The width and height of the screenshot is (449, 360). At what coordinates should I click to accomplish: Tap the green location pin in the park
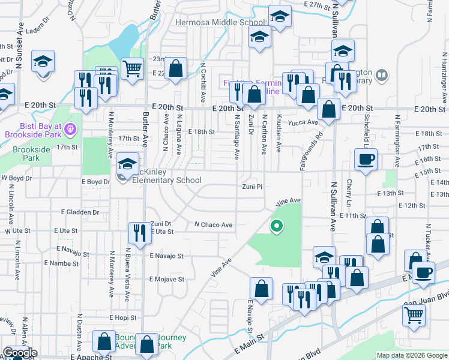tap(277, 226)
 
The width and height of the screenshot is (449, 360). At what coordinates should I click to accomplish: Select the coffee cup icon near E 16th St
tap(366, 160)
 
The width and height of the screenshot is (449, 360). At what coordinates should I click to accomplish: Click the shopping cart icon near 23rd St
tap(132, 68)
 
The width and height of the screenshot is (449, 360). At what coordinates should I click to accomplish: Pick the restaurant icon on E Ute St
tap(140, 233)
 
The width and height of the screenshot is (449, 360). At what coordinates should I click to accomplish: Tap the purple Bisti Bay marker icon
tap(70, 128)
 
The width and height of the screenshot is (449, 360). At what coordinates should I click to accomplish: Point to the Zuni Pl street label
tap(252, 187)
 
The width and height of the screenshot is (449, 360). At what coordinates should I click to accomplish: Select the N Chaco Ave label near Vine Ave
tap(213, 225)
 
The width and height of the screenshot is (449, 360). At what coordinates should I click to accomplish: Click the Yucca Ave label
tap(304, 122)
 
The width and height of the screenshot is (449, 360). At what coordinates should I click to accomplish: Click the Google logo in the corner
tap(20, 353)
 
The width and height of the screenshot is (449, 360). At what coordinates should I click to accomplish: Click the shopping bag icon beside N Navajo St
tap(262, 288)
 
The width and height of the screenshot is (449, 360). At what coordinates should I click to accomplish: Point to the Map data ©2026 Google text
tap(411, 355)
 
